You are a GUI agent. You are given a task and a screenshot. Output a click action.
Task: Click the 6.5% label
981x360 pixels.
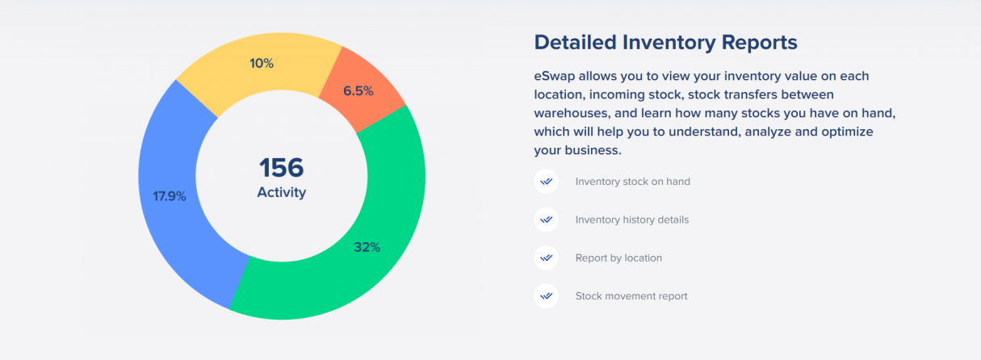(x=358, y=91)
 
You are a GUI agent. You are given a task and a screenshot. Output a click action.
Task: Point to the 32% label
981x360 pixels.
(x=367, y=247)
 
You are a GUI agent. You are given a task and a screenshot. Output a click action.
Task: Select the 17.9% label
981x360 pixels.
(x=170, y=196)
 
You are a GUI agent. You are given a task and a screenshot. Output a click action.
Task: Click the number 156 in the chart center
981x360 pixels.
(x=281, y=168)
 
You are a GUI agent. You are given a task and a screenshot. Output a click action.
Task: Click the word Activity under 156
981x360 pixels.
(x=281, y=192)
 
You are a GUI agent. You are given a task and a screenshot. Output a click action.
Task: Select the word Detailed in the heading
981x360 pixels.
(x=581, y=42)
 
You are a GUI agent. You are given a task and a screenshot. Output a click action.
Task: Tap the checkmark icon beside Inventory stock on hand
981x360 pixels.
(x=546, y=182)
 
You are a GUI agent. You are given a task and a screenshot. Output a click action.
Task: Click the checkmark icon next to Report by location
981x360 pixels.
(x=546, y=258)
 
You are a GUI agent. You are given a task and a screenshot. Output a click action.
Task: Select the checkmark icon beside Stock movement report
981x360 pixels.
(x=546, y=296)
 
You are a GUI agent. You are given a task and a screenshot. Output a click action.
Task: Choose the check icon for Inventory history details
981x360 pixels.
(x=546, y=220)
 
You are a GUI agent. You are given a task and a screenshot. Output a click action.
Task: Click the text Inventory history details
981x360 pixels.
(x=631, y=220)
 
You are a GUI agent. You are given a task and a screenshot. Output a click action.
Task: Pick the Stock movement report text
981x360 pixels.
(x=631, y=296)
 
